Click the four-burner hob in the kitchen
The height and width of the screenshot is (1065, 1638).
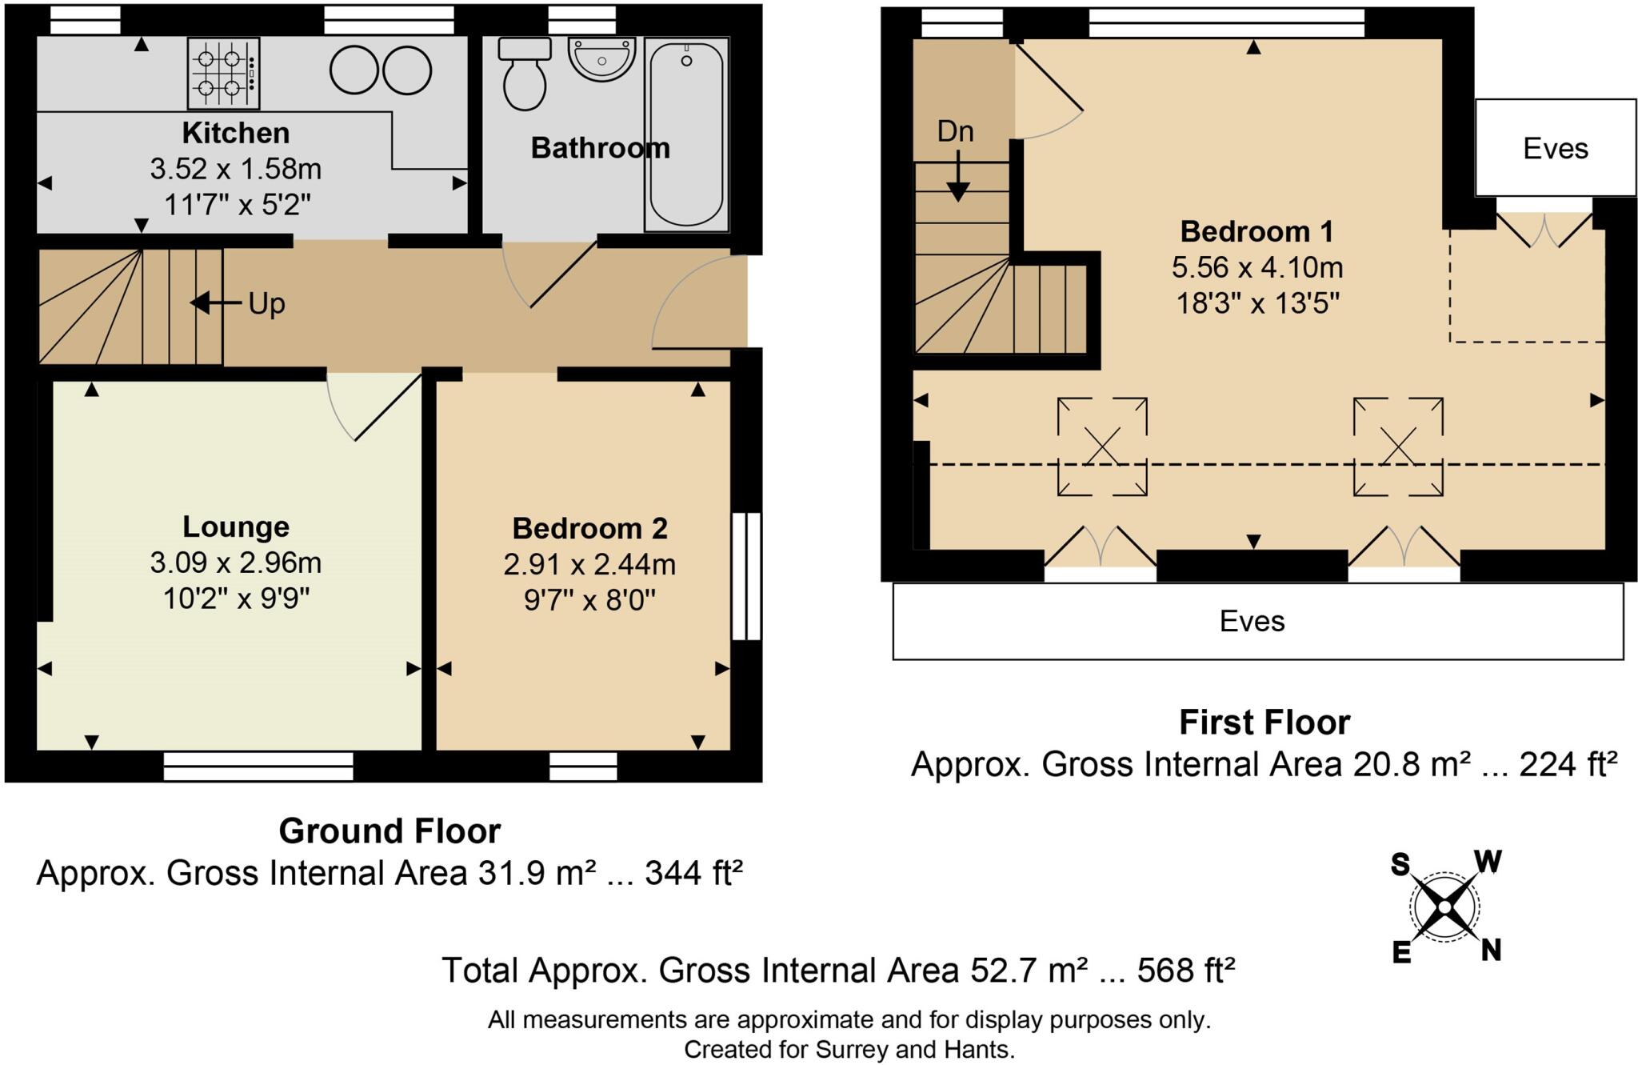pyautogui.click(x=223, y=73)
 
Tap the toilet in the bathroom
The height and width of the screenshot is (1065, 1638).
pyautogui.click(x=525, y=74)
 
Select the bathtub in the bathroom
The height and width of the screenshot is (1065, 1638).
pyautogui.click(x=686, y=134)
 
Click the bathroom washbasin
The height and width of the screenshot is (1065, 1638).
pyautogui.click(x=601, y=58)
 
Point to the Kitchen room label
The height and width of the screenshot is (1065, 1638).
pyautogui.click(x=235, y=133)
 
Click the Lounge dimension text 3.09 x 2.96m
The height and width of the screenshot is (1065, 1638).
pyautogui.click(x=235, y=563)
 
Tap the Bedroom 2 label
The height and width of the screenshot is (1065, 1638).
pyautogui.click(x=589, y=528)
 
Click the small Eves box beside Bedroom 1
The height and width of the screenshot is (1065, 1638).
pyautogui.click(x=1555, y=148)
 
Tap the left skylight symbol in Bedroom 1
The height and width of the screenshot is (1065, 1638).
pyautogui.click(x=1102, y=446)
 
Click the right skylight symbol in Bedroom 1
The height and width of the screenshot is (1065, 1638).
pyautogui.click(x=1398, y=446)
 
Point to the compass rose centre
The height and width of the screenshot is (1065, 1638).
pyautogui.click(x=1444, y=907)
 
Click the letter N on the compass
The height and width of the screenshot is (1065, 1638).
pyautogui.click(x=1490, y=950)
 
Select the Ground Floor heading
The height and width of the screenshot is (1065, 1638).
pyautogui.click(x=390, y=831)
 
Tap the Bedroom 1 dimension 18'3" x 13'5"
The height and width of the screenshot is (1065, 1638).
pyautogui.click(x=1257, y=304)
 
